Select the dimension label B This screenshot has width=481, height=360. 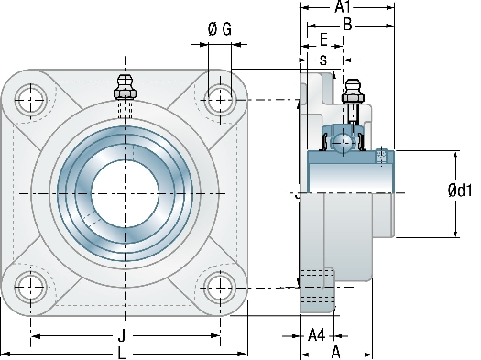click(x=347, y=25)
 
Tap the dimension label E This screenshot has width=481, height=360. click(x=323, y=40)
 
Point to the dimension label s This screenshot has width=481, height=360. click(x=323, y=60)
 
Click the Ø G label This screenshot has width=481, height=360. click(x=220, y=29)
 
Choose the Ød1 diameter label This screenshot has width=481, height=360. click(x=460, y=191)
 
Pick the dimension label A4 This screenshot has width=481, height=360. click(x=316, y=335)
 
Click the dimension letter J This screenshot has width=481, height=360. click(x=122, y=335)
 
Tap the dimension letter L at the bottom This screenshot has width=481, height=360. click(x=122, y=354)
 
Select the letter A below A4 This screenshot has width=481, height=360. click(x=336, y=353)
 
